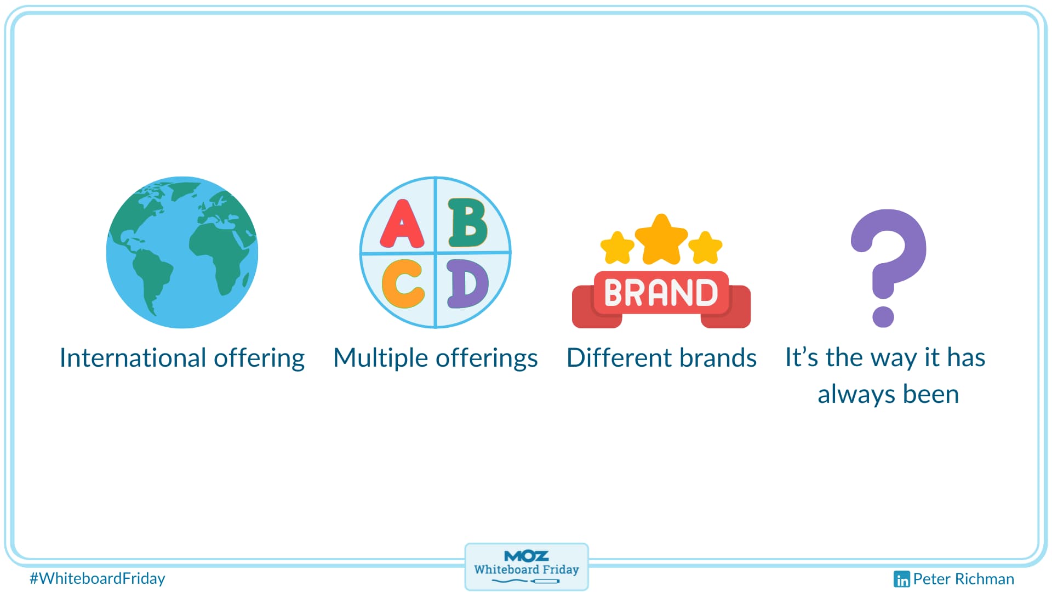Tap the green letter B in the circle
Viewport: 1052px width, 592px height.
(467, 223)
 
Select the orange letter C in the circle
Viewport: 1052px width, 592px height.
(403, 283)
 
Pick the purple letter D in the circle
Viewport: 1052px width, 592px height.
(467, 283)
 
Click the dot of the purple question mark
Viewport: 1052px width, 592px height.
(883, 316)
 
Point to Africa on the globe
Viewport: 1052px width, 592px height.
(222, 258)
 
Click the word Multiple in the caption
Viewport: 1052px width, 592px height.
(381, 358)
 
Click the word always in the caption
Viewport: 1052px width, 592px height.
(856, 395)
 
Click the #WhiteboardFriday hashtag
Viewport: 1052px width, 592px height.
(98, 578)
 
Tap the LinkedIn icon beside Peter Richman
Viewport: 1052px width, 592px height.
(901, 579)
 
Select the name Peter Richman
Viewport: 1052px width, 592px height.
(964, 579)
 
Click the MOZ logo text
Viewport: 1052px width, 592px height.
(527, 556)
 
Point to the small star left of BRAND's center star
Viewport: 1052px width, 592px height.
(618, 247)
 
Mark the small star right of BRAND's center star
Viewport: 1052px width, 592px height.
(706, 247)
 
